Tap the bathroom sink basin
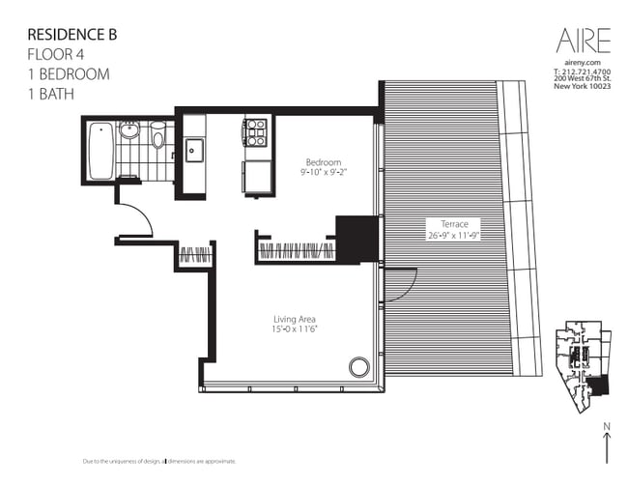(129, 130)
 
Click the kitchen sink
(193, 149)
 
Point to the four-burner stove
(254, 131)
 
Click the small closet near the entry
(195, 257)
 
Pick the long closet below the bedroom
(295, 251)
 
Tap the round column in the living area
(358, 367)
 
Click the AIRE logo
(583, 40)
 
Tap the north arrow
(605, 445)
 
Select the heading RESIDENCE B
(70, 35)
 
